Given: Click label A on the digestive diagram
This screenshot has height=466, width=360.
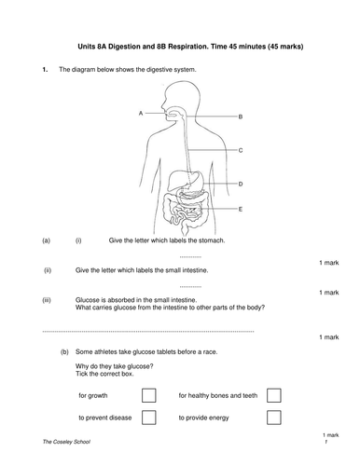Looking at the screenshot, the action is click(140, 112).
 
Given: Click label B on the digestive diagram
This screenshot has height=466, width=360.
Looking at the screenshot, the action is click(241, 116).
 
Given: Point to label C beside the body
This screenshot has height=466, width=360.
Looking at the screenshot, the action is click(241, 149).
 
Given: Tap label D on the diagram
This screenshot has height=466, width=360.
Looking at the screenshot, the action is click(241, 184).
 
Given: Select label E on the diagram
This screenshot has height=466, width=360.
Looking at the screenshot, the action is click(241, 210).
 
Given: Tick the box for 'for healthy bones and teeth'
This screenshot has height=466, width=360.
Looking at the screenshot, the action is click(273, 395).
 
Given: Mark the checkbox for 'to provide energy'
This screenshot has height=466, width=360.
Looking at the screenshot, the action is click(273, 418).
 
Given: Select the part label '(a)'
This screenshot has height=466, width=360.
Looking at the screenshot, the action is click(47, 240).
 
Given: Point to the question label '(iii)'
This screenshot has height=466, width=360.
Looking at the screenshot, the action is click(47, 299).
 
